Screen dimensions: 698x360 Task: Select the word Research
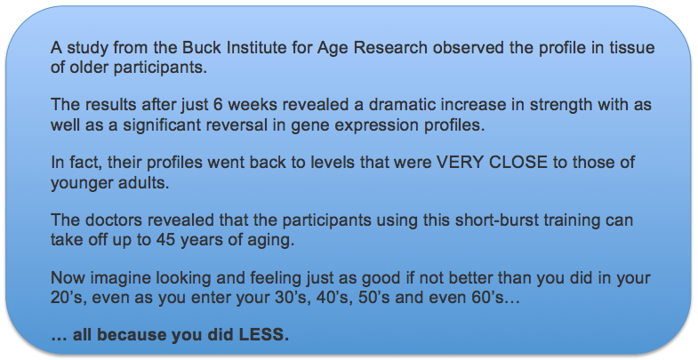(390, 47)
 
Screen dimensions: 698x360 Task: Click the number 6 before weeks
(218, 105)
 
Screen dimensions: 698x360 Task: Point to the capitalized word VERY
(461, 162)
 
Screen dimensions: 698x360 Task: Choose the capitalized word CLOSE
(518, 162)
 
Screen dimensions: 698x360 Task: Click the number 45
(165, 240)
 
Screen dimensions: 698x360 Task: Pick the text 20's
(67, 297)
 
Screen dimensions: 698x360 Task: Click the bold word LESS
(264, 334)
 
